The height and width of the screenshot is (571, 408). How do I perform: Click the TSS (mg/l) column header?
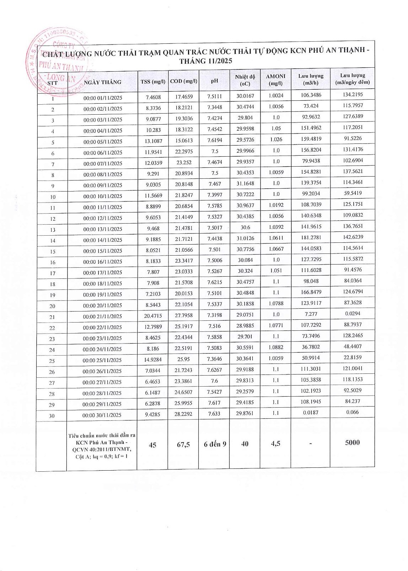153,82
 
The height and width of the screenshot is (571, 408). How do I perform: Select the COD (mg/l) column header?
183,81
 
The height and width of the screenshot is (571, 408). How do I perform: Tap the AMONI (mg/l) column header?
275,80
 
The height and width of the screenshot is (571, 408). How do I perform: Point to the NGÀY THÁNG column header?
102,82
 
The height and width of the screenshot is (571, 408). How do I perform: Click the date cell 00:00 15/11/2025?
103,251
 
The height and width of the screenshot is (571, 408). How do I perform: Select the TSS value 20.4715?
153,316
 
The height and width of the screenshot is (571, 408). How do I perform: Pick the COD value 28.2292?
183,414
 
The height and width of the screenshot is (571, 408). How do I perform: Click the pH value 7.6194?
215,140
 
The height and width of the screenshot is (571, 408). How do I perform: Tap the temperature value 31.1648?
245,184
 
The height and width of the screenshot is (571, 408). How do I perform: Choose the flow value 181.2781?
311,237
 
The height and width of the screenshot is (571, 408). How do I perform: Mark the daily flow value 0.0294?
353,314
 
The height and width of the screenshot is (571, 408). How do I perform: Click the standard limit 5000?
352,442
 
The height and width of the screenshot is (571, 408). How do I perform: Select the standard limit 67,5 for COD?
183,444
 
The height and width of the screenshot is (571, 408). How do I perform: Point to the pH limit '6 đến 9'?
215,444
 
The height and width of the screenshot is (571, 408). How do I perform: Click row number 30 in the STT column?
52,415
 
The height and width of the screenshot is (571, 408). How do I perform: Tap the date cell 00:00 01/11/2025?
103,98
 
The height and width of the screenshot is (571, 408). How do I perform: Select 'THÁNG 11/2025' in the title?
206,61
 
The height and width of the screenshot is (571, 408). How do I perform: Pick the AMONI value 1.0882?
276,347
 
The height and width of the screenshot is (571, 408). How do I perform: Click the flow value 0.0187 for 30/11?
311,413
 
